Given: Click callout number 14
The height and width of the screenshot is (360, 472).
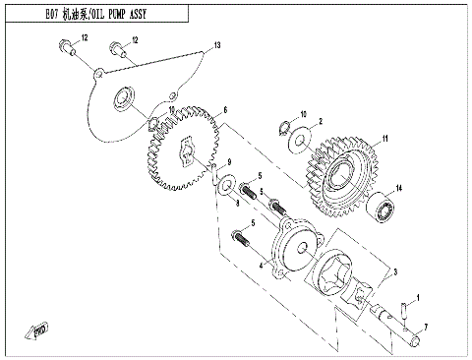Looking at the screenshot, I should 399,189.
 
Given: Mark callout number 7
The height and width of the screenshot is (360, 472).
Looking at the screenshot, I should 425,326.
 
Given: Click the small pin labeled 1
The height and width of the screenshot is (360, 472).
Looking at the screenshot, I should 405,314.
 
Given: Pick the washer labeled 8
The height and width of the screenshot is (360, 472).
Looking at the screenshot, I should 225,184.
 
